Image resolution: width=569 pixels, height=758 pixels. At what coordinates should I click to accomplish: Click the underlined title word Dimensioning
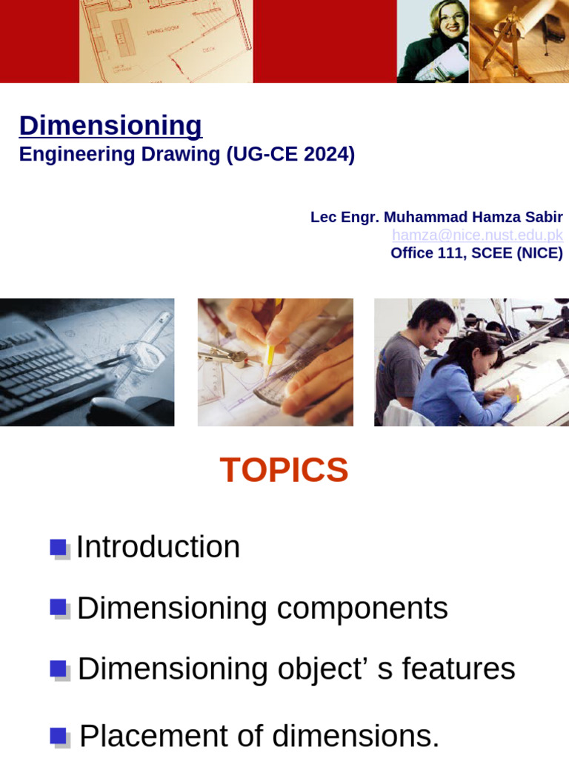pyautogui.click(x=110, y=126)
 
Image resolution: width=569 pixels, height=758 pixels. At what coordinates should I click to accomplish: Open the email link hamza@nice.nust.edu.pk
pyautogui.click(x=477, y=235)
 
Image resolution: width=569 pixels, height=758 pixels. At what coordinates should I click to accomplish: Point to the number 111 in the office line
pyautogui.click(x=439, y=253)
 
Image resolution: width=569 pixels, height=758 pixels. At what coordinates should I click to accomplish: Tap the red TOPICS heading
pyautogui.click(x=284, y=470)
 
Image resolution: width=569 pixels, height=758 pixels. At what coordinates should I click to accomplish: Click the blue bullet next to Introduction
pyautogui.click(x=59, y=548)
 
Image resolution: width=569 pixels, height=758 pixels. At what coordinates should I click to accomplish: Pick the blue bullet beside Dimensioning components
pyautogui.click(x=59, y=608)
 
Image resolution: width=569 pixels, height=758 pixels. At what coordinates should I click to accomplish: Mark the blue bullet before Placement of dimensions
pyautogui.click(x=59, y=737)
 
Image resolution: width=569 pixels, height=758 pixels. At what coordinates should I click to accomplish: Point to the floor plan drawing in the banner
pyautogui.click(x=166, y=41)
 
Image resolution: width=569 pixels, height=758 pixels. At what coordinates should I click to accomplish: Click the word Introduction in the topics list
pyautogui.click(x=158, y=548)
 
